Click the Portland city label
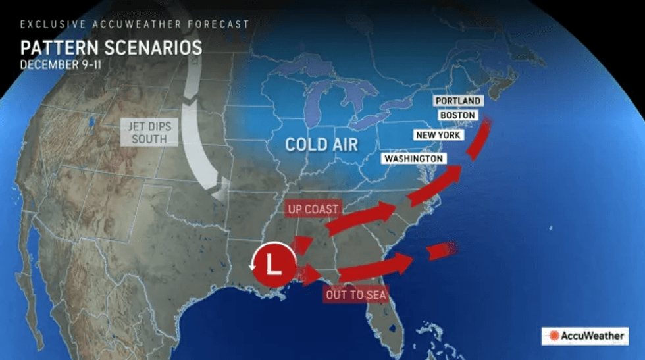[457, 101]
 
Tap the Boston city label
[457, 115]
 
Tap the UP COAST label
[313, 209]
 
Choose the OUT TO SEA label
[355, 294]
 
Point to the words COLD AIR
[322, 143]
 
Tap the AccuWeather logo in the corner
[584, 336]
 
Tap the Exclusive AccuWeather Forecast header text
[134, 24]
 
